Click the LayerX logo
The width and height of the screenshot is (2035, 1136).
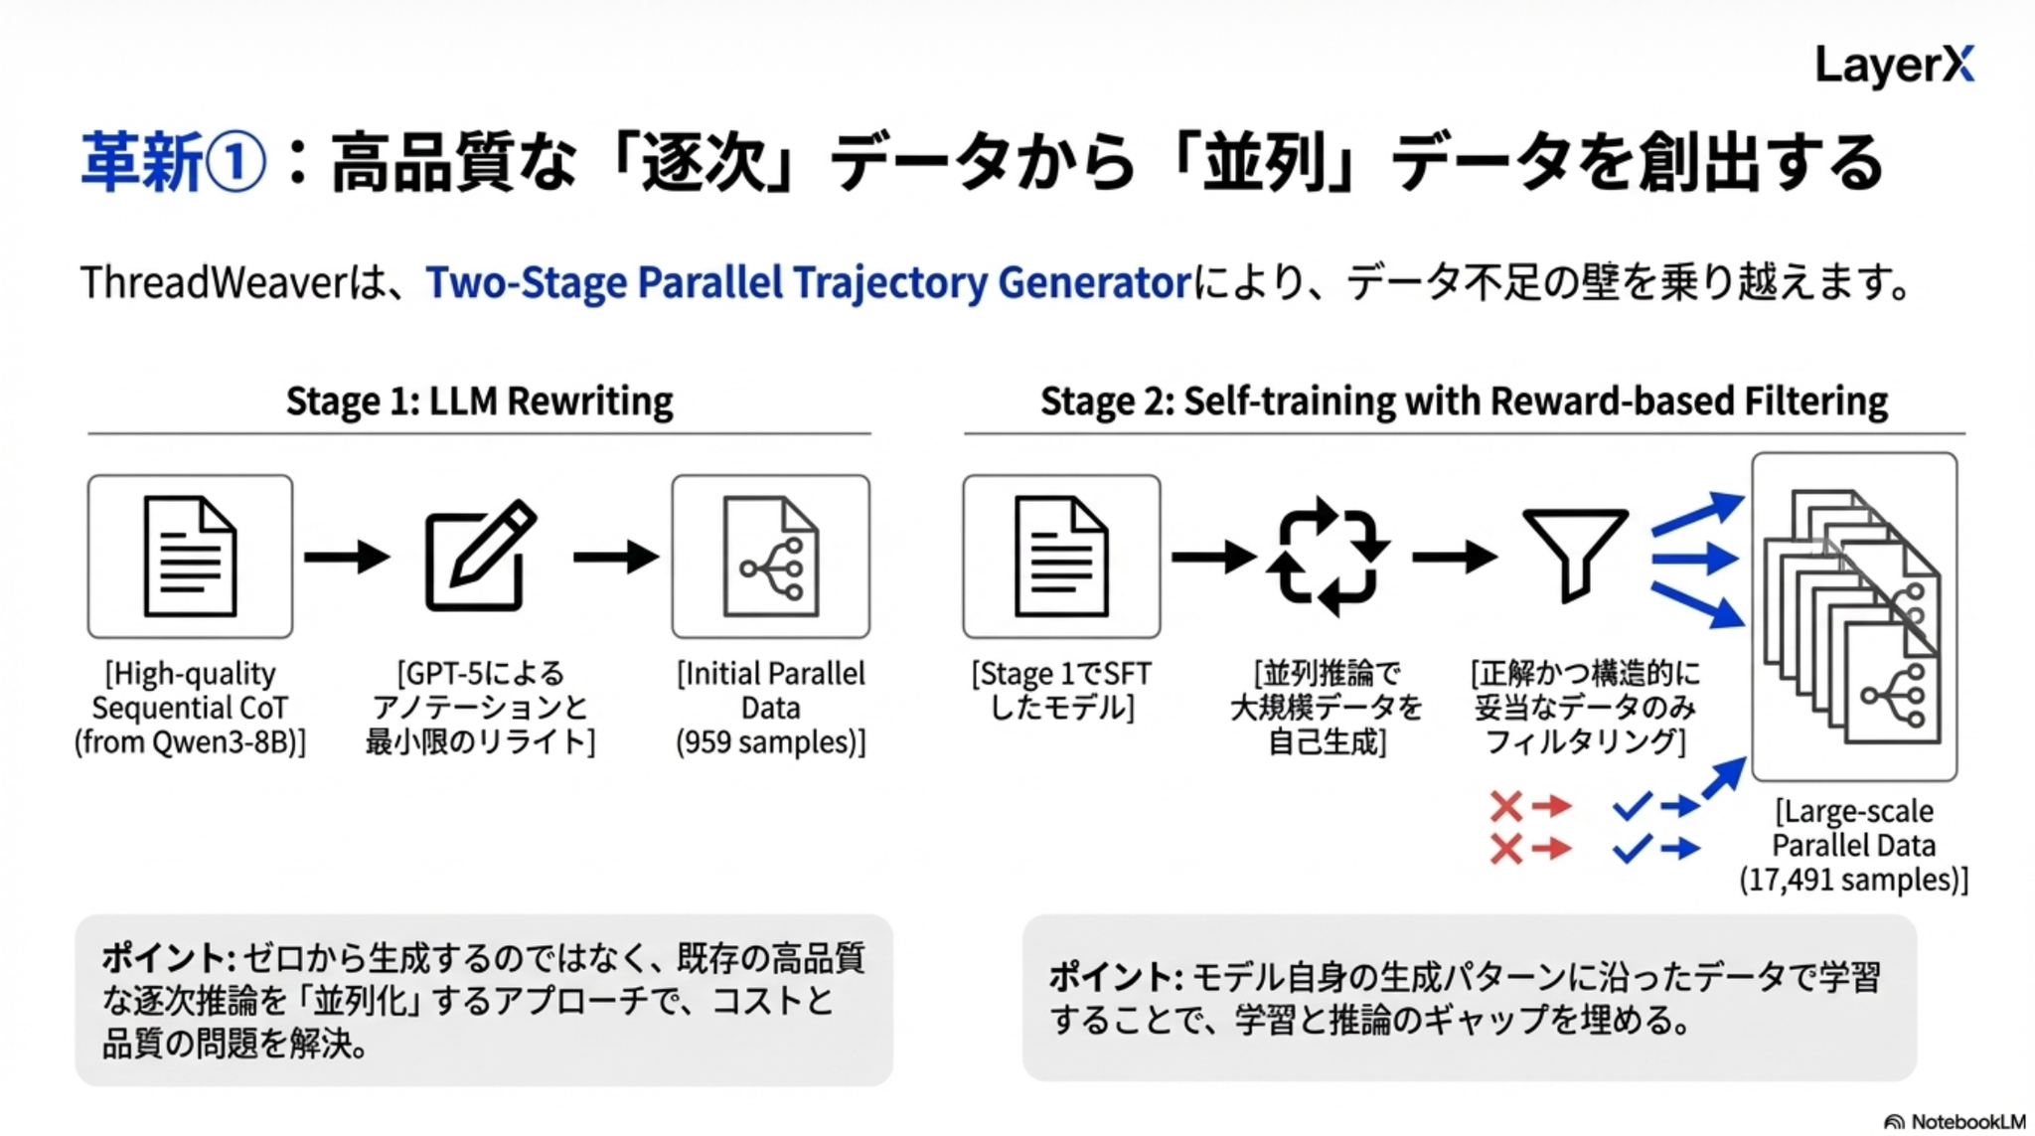coord(1894,66)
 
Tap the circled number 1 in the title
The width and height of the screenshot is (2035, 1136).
coord(235,163)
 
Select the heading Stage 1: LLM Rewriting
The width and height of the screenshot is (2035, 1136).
coord(479,402)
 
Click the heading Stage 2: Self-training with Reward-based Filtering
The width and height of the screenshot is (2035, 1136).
coord(1464,402)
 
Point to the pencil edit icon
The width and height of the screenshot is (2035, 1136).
coord(481,556)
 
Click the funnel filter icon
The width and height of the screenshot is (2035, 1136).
coord(1575,554)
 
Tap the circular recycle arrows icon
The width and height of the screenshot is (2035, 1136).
coord(1328,556)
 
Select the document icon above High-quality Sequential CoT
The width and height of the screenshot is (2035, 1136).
coord(190,556)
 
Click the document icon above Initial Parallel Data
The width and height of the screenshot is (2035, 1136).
coord(770,556)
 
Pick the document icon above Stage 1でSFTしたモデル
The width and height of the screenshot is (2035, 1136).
coord(1061,556)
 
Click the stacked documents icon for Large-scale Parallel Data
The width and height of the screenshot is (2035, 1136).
coord(1853,616)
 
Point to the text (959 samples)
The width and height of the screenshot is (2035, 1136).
coord(770,742)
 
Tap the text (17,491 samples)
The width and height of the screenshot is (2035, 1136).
coord(1853,880)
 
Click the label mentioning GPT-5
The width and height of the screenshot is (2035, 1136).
coord(481,708)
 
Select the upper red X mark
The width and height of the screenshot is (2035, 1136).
coord(1506,805)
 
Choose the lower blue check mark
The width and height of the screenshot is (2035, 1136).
coord(1632,849)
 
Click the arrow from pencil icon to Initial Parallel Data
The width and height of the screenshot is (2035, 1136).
coord(616,556)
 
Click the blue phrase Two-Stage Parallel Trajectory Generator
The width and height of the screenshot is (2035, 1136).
coord(808,283)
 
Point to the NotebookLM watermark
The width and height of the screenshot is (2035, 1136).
coord(1955,1121)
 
